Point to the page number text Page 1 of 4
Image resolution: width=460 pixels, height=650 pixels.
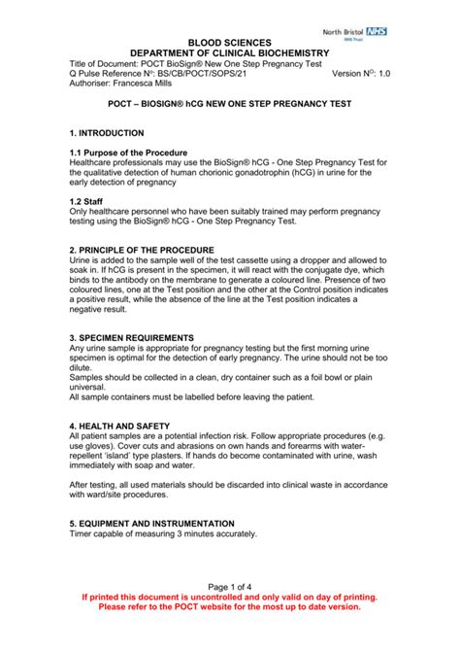tap(229, 587)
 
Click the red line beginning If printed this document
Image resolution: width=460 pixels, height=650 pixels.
tap(229, 597)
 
